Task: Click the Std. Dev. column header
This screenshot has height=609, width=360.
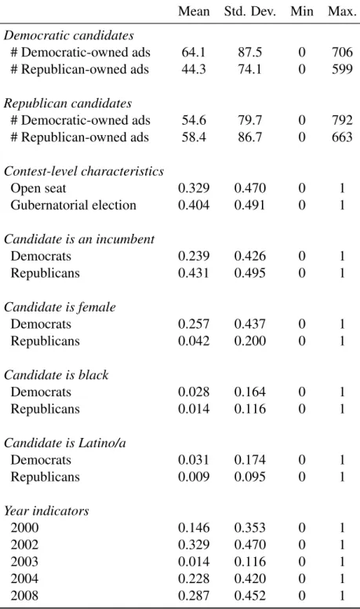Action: click(249, 11)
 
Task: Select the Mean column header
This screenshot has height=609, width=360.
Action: click(194, 11)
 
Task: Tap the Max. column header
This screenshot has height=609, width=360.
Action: click(342, 11)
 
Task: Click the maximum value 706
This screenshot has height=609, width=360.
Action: click(342, 52)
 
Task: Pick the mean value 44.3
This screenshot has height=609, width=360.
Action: click(194, 69)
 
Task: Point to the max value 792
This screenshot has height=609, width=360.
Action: click(342, 120)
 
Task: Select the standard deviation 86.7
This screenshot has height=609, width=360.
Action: click(249, 137)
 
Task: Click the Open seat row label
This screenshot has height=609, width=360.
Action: click(38, 188)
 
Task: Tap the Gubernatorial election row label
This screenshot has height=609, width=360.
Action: click(74, 205)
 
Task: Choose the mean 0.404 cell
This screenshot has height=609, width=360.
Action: click(194, 205)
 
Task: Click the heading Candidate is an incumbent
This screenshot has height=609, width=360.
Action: click(79, 239)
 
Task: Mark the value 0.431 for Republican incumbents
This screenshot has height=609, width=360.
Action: click(194, 273)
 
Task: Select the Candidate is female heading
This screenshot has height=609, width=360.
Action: click(60, 307)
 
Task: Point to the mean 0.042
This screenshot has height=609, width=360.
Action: click(194, 341)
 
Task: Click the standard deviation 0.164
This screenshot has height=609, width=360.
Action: click(249, 392)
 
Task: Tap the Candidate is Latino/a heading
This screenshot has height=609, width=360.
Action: click(65, 443)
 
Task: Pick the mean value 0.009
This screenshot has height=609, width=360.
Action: click(194, 477)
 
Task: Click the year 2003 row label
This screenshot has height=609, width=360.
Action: click(24, 562)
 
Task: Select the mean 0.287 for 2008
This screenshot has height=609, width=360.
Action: click(194, 596)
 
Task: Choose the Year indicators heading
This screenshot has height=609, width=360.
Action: click(46, 511)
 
